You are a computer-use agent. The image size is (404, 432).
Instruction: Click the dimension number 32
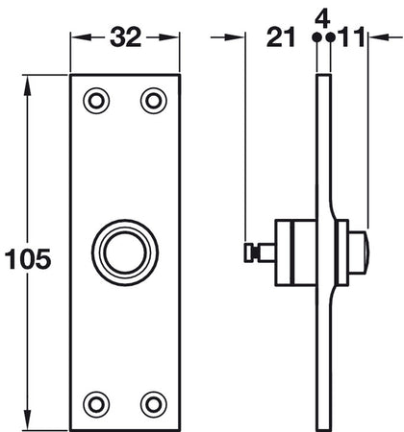pyautogui.click(x=125, y=37)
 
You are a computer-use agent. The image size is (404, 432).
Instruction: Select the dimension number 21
pyautogui.click(x=280, y=37)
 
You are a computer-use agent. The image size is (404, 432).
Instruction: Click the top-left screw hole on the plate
pyautogui.click(x=96, y=99)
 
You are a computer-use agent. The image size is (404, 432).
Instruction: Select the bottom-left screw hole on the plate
pyautogui.click(x=96, y=400)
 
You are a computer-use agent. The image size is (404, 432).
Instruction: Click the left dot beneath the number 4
pyautogui.click(x=316, y=38)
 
